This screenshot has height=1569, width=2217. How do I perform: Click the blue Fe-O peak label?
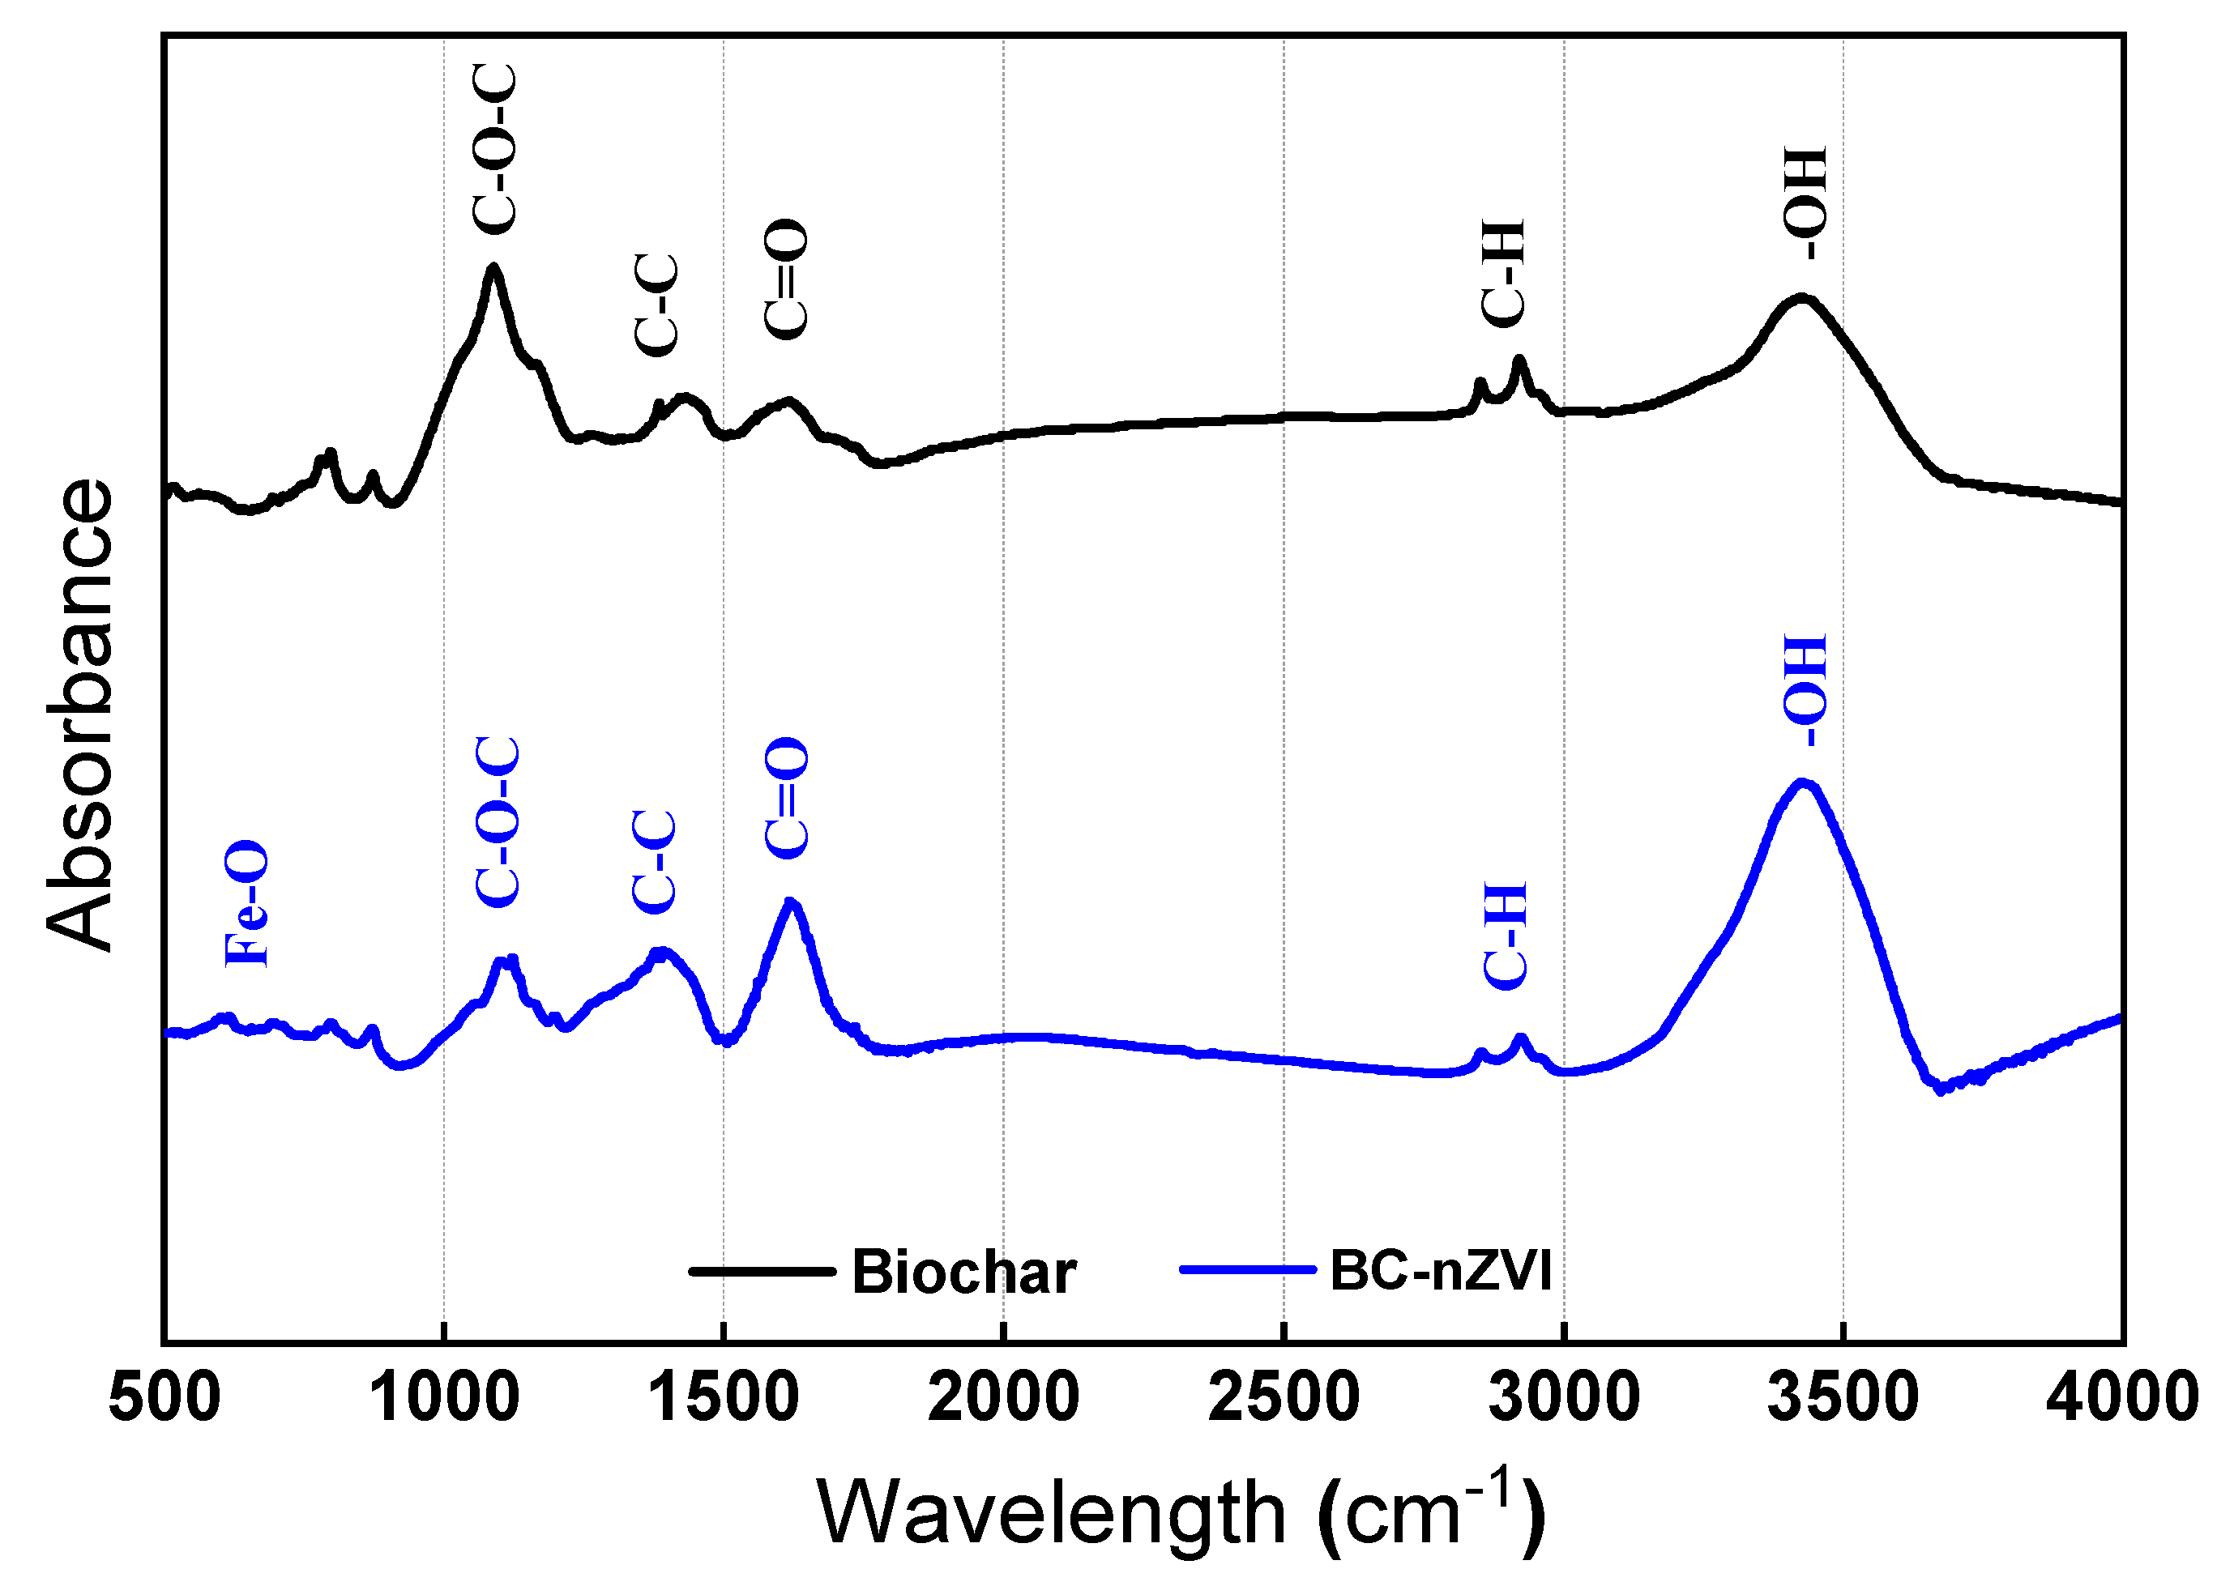coord(246,904)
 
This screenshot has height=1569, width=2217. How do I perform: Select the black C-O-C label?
coord(495,150)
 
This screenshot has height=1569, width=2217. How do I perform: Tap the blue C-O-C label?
coord(498,821)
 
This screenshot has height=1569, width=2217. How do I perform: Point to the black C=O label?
coord(784,279)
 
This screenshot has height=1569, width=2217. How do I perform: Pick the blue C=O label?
coord(786,798)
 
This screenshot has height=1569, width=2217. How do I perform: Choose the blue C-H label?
coord(1505,936)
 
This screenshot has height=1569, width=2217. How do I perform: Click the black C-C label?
coord(656,305)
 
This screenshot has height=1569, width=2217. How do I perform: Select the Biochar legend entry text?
coord(963,1273)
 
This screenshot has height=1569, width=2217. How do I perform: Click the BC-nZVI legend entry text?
coord(1440,1270)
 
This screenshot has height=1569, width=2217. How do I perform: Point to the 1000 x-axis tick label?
coord(443,1397)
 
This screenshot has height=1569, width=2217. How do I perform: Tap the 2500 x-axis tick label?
coord(1284,1397)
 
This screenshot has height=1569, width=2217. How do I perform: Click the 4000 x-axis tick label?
coord(2121,1397)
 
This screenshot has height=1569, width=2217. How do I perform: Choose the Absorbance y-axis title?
coord(80,715)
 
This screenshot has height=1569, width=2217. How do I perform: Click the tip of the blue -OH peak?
coord(1801,782)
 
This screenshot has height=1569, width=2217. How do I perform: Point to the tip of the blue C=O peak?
coord(791,901)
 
